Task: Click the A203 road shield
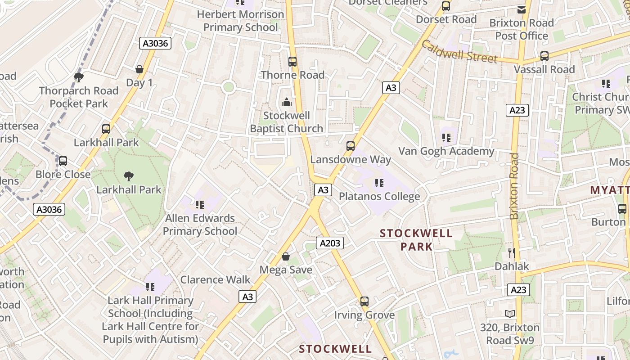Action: pyautogui.click(x=330, y=243)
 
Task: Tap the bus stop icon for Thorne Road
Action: pyautogui.click(x=292, y=61)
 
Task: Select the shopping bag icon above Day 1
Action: pyautogui.click(x=139, y=69)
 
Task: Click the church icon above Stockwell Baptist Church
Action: pyautogui.click(x=287, y=102)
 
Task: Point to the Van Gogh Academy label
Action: pyautogui.click(x=446, y=151)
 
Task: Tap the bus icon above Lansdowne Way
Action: pyautogui.click(x=351, y=146)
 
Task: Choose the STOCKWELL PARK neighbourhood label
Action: pyautogui.click(x=416, y=239)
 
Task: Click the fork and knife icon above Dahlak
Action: pyautogui.click(x=511, y=252)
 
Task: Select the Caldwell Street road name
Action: pyautogui.click(x=459, y=52)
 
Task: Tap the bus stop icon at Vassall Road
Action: pyautogui.click(x=544, y=56)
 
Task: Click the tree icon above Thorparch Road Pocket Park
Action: pyautogui.click(x=79, y=77)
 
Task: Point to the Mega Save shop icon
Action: pyautogui.click(x=286, y=256)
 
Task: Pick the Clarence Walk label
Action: pyautogui.click(x=215, y=279)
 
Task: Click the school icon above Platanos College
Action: pyautogui.click(x=379, y=183)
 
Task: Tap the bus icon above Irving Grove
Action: pyautogui.click(x=364, y=301)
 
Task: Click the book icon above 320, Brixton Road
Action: pyautogui.click(x=510, y=314)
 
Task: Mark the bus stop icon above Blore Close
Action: pyautogui.click(x=63, y=161)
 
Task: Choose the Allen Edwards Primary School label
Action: pyautogui.click(x=200, y=225)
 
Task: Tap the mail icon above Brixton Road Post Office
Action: pyautogui.click(x=522, y=9)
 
